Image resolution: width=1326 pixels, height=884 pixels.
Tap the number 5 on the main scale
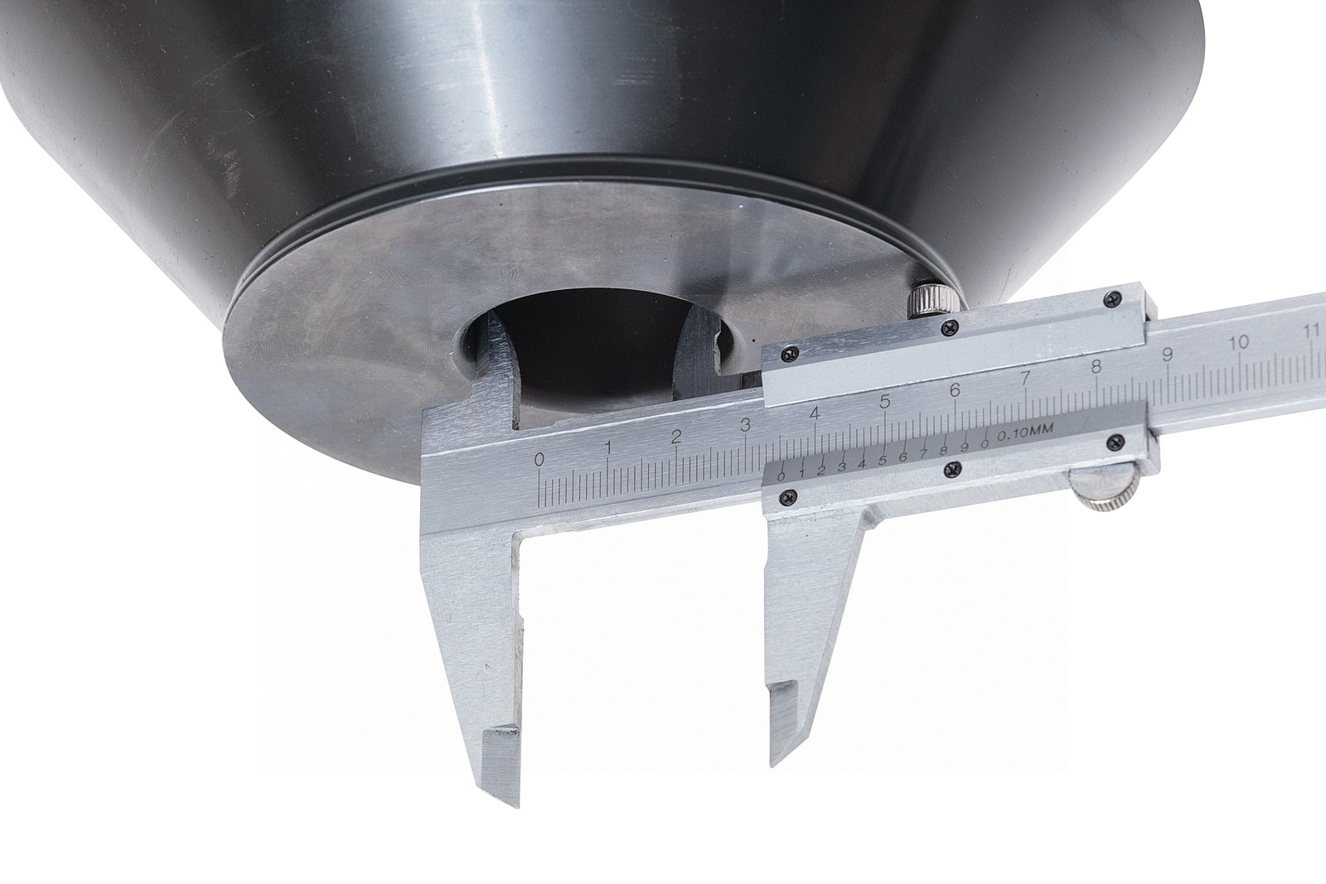pyautogui.click(x=885, y=402)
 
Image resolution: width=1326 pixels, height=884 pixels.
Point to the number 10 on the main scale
pyautogui.click(x=1238, y=343)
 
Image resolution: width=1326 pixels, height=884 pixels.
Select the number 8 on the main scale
pyautogui.click(x=1096, y=367)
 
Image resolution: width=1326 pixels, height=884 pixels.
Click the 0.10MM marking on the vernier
pyautogui.click(x=1026, y=433)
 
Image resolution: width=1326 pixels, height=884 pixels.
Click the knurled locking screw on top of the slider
pyautogui.click(x=932, y=298)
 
